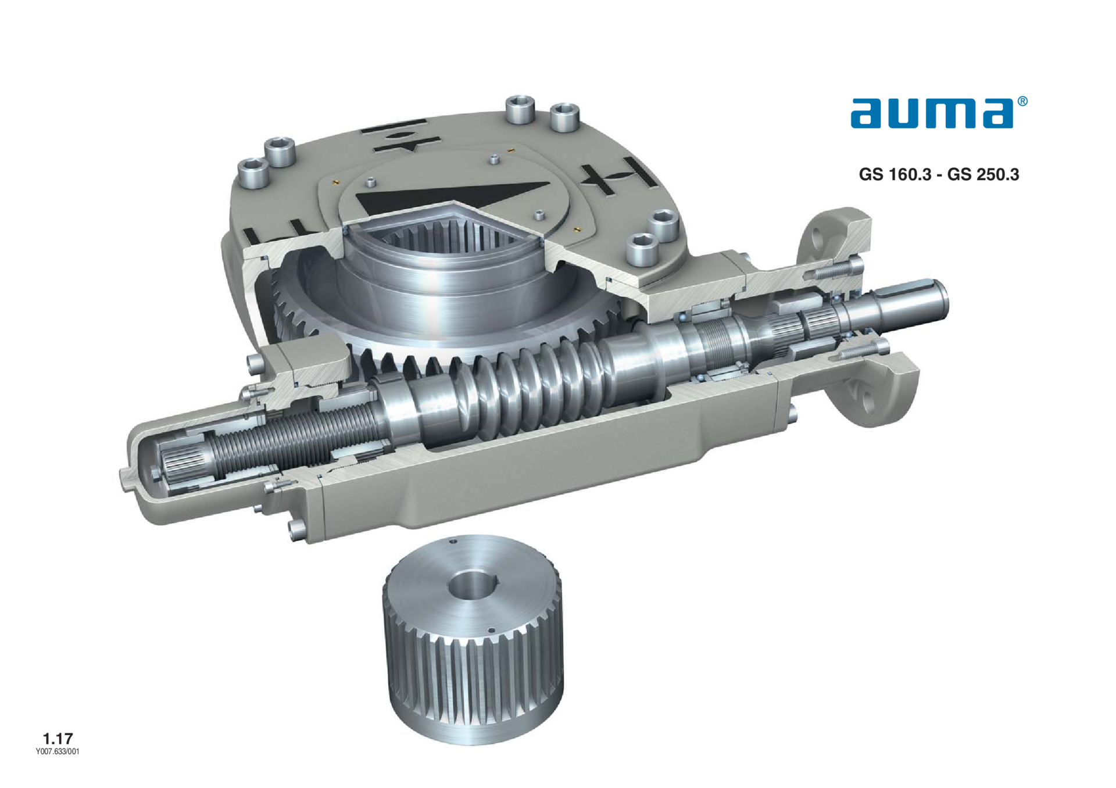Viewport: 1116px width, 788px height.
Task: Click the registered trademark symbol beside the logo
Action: coord(1022,102)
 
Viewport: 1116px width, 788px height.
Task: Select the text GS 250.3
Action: coord(983,174)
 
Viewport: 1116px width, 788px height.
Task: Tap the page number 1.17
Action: coord(58,739)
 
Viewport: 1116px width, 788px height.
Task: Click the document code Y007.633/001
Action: coord(58,751)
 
